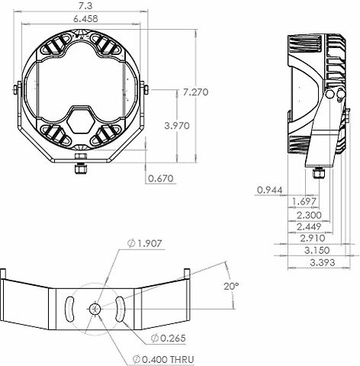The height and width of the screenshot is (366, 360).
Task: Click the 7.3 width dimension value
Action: tap(85, 5)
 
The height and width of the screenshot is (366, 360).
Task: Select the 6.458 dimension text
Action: tap(85, 19)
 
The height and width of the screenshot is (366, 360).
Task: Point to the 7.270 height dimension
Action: tap(195, 92)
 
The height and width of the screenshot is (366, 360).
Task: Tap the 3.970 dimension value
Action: tap(177, 126)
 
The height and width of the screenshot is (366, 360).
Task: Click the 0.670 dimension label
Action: tap(161, 178)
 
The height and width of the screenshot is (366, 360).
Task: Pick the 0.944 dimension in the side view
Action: tap(269, 190)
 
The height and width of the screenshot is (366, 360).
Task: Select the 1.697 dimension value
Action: tap(304, 202)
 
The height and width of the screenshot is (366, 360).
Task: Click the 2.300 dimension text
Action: tap(309, 215)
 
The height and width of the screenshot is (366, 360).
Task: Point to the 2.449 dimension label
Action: tap(309, 226)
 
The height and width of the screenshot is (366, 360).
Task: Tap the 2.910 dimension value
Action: tap(313, 239)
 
